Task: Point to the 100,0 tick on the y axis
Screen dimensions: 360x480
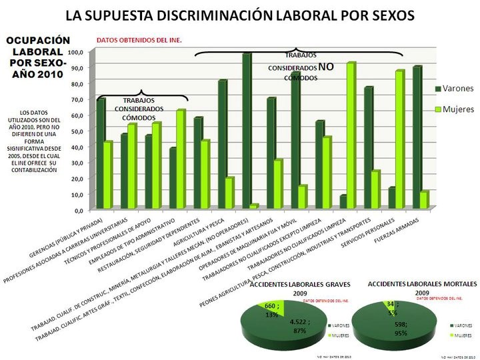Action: [x=75, y=52]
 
